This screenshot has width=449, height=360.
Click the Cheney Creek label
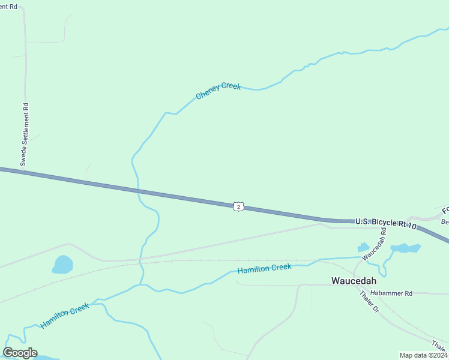click(x=218, y=91)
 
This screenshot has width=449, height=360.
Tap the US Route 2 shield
click(x=239, y=206)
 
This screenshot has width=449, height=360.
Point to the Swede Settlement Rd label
click(x=25, y=134)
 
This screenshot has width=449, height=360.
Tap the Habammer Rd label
click(x=391, y=293)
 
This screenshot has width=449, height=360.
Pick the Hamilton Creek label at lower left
click(x=65, y=316)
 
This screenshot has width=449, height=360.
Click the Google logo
click(x=20, y=353)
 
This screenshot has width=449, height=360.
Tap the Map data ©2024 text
click(x=424, y=355)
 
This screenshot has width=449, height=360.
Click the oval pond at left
click(x=62, y=264)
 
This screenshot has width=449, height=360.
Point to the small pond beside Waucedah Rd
click(x=363, y=247)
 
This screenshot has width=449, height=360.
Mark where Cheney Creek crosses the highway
click(x=138, y=191)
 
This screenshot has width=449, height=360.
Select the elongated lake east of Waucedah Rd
click(x=406, y=248)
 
